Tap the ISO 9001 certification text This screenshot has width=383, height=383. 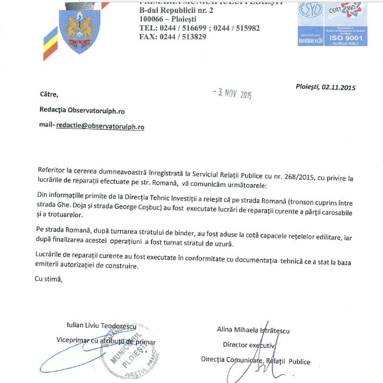click(x=346, y=40)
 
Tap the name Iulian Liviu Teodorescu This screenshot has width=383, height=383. click(x=97, y=325)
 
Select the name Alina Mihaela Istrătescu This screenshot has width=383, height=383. click(x=253, y=330)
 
